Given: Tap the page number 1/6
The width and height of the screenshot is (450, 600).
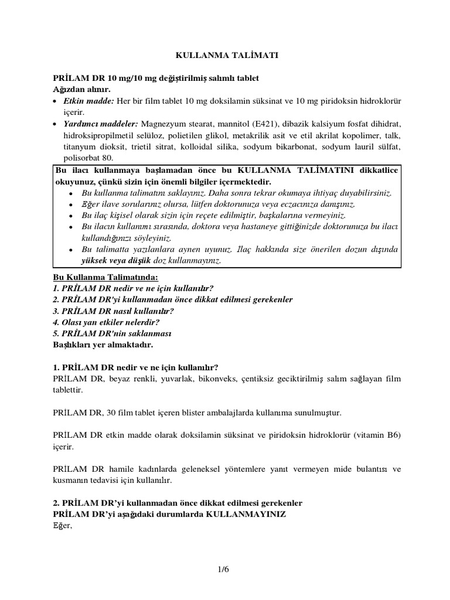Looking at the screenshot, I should (x=226, y=568).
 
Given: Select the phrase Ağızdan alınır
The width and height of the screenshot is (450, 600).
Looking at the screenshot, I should (x=81, y=89).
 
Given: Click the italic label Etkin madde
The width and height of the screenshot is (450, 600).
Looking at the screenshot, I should (x=88, y=101).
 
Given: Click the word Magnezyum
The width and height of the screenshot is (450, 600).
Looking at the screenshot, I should (x=163, y=124).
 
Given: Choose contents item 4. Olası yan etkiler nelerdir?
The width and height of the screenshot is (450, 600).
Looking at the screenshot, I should (x=106, y=322).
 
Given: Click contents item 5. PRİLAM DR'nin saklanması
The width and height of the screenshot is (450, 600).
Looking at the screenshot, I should (x=111, y=333).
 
